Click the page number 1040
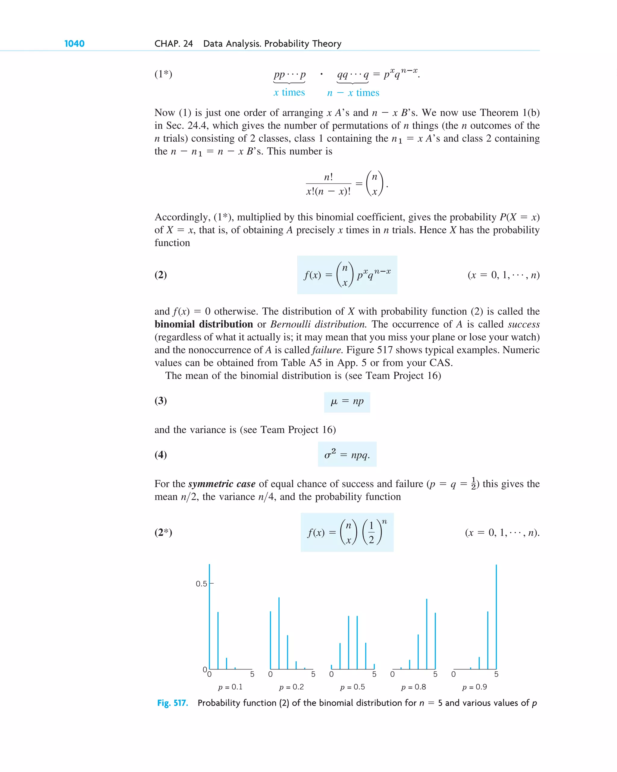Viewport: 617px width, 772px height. tap(74, 44)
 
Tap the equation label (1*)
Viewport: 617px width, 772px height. tap(163, 74)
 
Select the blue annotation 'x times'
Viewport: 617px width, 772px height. tap(289, 92)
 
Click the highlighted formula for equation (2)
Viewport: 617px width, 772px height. tap(347, 275)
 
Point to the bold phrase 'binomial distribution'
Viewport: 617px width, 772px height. tap(204, 324)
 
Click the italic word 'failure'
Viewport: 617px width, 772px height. tap(326, 350)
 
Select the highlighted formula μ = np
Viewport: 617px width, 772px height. tap(347, 402)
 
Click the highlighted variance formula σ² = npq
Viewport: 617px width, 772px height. tap(347, 454)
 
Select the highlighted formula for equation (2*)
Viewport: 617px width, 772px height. tap(347, 532)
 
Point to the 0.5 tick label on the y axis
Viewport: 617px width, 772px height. tap(201, 584)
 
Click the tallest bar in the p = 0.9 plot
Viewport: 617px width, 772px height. tap(496, 616)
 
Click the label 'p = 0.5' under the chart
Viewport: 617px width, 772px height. tap(352, 687)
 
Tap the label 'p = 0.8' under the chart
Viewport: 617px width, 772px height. tap(413, 687)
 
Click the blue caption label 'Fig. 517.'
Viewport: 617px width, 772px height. tap(173, 703)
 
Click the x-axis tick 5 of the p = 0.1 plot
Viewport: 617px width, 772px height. tap(252, 674)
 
